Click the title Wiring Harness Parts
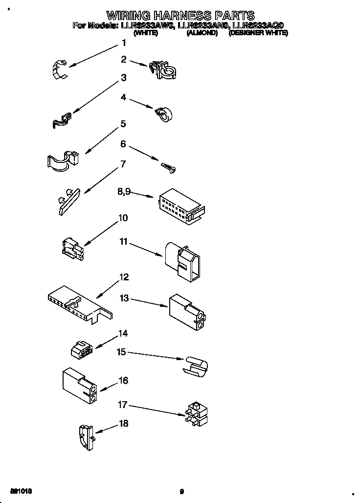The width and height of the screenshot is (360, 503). [x=180, y=15]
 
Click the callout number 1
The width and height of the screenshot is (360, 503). [x=124, y=44]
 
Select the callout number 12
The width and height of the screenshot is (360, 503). [x=124, y=277]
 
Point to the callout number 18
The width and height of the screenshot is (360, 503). [x=124, y=424]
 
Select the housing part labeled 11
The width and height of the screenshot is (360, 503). [x=184, y=262]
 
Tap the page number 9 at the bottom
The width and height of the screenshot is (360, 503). [x=181, y=491]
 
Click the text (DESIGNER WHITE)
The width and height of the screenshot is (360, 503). [x=258, y=33]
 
